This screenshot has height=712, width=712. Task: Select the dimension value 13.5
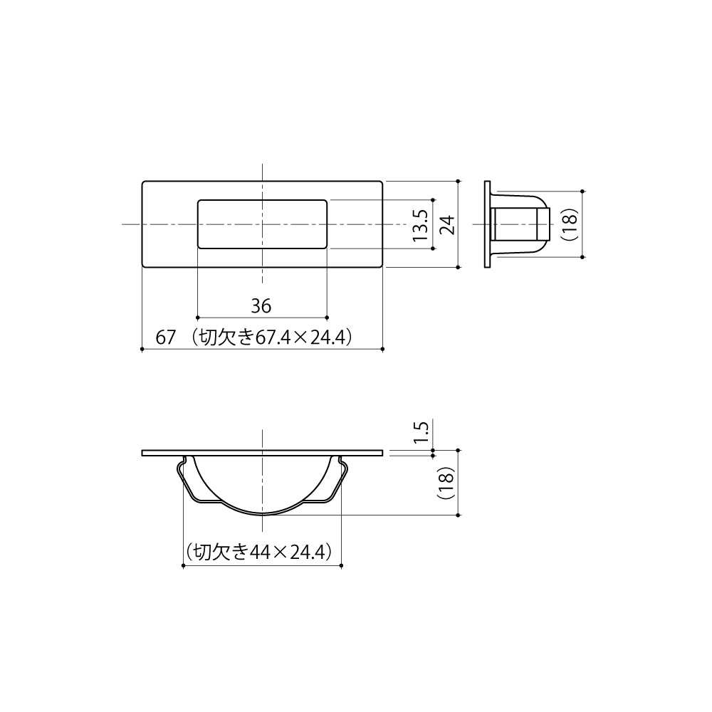click(x=420, y=225)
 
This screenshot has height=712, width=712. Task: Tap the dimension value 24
click(x=446, y=225)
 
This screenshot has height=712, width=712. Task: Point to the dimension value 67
click(x=166, y=338)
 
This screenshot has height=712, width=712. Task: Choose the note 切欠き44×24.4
click(x=259, y=552)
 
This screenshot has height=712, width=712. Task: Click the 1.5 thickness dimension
click(x=420, y=431)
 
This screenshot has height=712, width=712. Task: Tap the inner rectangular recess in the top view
click(x=261, y=224)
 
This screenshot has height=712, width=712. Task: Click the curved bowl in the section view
click(x=262, y=491)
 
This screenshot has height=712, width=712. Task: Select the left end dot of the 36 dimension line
click(x=197, y=317)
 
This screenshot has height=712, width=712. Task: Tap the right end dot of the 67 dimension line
click(x=383, y=349)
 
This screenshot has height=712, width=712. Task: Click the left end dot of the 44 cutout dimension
click(x=184, y=566)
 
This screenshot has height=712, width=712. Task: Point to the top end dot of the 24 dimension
click(x=457, y=181)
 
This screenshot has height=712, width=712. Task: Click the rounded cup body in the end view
click(x=523, y=223)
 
